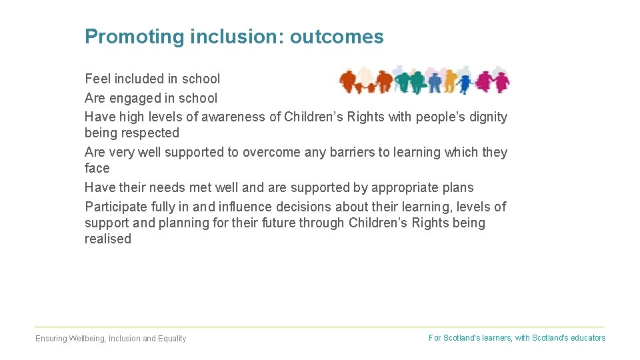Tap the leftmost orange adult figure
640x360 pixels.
point(348,82)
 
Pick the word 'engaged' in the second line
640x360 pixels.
point(135,98)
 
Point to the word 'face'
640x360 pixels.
point(97,168)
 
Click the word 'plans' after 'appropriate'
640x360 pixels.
point(457,187)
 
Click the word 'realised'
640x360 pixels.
point(108,239)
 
